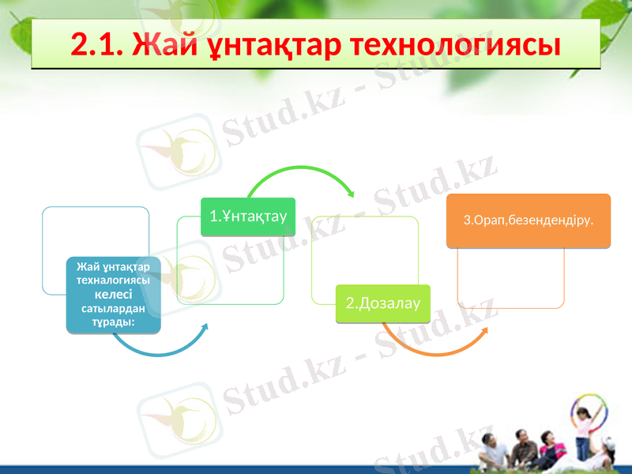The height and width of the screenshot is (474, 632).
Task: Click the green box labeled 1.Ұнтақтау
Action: pos(248,216)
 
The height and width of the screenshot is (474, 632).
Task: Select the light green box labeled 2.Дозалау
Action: pos(382,303)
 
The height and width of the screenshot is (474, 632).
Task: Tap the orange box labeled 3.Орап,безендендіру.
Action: pos(536,220)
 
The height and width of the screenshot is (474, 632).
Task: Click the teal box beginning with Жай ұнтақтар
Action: pos(113,294)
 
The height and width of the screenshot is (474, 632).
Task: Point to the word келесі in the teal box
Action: pos(113,294)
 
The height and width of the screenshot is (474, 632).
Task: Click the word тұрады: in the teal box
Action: pos(113,322)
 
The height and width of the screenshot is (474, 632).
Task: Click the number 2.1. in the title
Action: pos(97,45)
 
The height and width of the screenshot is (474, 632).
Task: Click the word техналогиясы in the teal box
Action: pos(113,280)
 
